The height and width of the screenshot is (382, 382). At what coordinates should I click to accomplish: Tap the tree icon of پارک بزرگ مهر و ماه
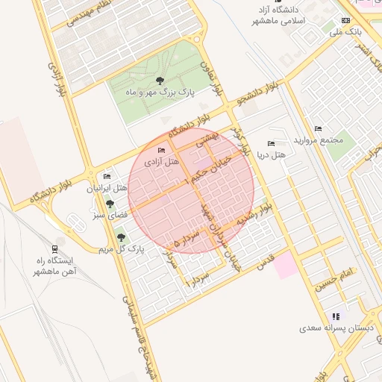click(x=158, y=81)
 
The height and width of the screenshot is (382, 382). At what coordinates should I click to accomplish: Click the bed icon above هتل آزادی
click(x=162, y=151)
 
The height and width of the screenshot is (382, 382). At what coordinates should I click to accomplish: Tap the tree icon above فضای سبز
click(x=110, y=204)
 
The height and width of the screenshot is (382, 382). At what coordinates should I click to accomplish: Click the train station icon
click(x=55, y=249)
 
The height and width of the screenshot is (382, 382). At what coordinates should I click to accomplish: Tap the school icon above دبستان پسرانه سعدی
click(x=334, y=316)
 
